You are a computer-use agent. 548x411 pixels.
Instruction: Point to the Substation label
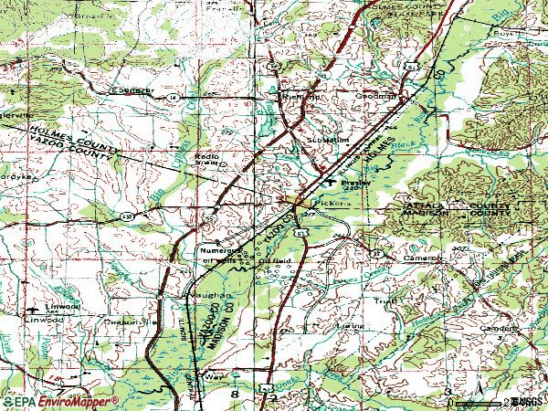point(327,140)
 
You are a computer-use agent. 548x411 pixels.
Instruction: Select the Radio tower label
point(206,159)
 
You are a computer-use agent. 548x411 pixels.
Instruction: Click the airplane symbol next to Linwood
point(31,307)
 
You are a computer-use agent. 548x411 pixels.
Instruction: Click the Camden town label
point(497,326)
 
